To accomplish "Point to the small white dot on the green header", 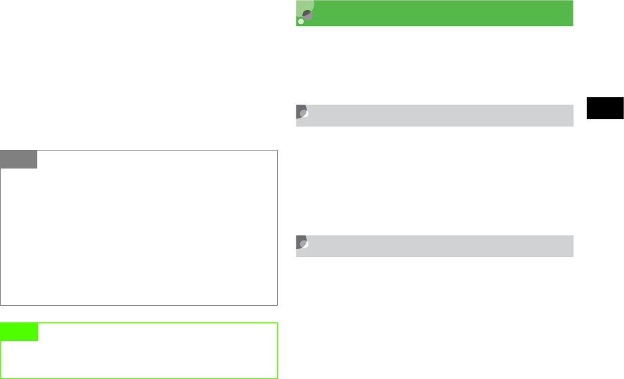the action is click(x=301, y=22).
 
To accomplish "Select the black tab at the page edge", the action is click(x=605, y=108).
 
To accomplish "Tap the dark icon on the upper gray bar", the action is click(x=302, y=113).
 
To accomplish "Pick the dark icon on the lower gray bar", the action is click(x=302, y=243).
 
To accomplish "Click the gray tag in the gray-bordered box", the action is click(x=19, y=159).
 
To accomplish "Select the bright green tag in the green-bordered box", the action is click(x=19, y=332).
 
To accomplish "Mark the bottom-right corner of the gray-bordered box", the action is click(x=277, y=304).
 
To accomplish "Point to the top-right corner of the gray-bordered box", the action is click(x=277, y=151).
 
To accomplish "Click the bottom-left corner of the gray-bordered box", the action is click(x=1, y=304).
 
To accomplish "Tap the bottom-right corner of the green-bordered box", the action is click(x=277, y=378).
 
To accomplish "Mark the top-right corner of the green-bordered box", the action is click(x=277, y=323).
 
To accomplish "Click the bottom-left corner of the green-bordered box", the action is click(x=1, y=378).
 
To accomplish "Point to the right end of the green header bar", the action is click(x=571, y=13).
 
